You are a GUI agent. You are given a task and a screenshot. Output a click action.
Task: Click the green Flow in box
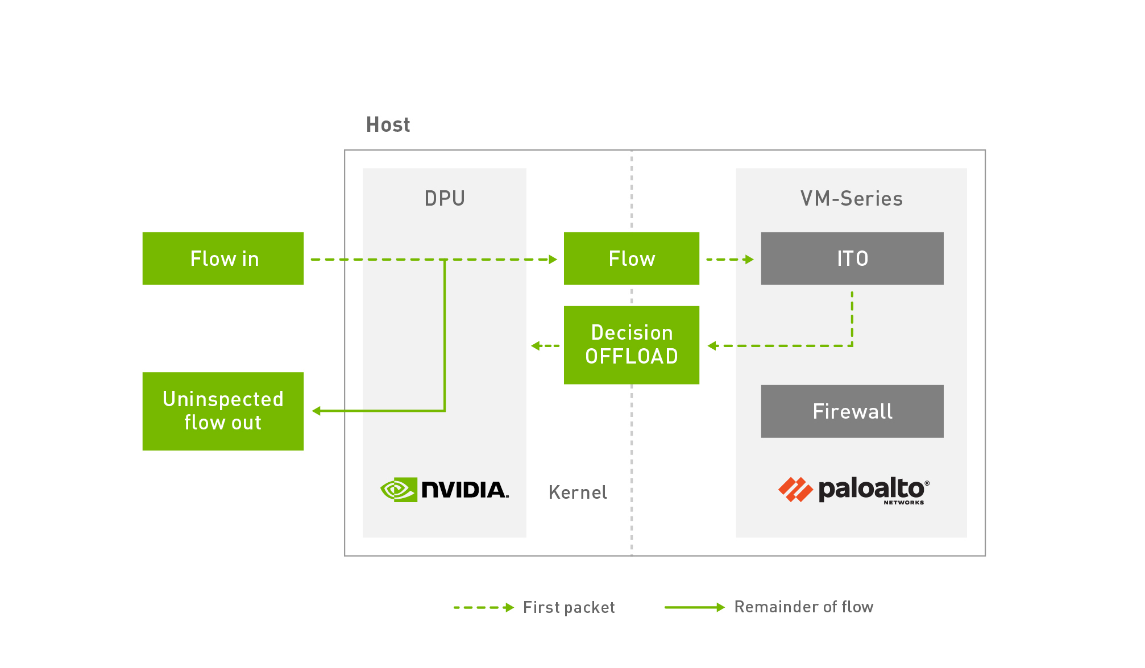(x=223, y=258)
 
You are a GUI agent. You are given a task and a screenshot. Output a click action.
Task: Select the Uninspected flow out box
(x=223, y=411)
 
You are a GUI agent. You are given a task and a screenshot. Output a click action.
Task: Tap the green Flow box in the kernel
(x=631, y=258)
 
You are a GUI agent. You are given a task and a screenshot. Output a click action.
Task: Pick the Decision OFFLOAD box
(x=631, y=345)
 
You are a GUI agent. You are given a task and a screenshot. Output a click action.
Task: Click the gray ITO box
(x=852, y=258)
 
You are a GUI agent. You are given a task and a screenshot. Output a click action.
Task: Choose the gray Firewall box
(x=852, y=411)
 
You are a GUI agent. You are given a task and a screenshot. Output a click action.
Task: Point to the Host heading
(x=388, y=124)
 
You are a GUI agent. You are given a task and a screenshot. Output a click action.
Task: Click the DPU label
(x=445, y=198)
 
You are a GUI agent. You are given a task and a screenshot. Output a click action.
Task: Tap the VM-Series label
(x=851, y=198)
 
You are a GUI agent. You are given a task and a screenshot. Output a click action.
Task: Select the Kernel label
(x=578, y=492)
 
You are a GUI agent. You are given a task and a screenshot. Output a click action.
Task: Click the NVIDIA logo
(x=445, y=490)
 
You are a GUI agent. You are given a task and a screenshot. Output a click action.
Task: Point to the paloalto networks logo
(x=853, y=490)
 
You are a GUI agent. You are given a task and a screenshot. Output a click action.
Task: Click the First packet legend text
(x=569, y=607)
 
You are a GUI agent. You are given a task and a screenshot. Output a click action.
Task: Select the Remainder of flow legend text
(x=803, y=607)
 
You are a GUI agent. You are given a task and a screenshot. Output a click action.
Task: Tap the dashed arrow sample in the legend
(x=483, y=607)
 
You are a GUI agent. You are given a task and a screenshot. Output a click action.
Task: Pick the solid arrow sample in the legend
(x=694, y=607)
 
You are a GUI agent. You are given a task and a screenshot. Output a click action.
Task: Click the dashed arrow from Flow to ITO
(x=729, y=260)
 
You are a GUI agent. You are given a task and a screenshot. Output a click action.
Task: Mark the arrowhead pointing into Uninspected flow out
(x=317, y=411)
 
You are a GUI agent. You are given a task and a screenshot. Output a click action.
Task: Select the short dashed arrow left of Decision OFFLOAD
(x=545, y=345)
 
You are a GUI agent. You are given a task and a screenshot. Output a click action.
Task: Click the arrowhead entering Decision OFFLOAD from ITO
(x=712, y=345)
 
